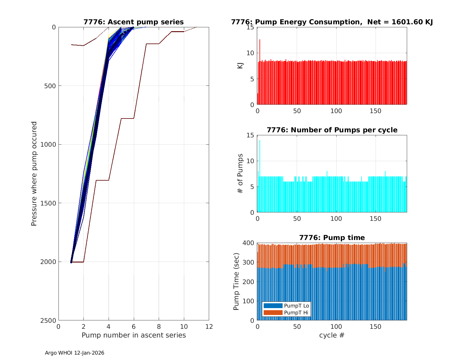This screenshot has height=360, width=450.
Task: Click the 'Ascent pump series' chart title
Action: coord(133,22)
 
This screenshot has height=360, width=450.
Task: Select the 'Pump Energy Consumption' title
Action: coord(332,22)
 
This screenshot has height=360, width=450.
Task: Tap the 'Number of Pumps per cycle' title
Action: coord(332,130)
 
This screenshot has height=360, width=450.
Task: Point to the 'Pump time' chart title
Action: coord(332,238)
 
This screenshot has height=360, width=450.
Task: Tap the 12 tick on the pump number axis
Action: coord(209,327)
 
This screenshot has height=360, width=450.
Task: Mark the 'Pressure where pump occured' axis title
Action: coord(34,174)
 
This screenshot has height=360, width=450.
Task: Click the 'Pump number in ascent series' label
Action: coord(133,335)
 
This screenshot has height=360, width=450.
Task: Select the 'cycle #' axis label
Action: coord(332,335)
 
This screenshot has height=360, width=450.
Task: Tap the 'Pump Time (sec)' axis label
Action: coord(236,281)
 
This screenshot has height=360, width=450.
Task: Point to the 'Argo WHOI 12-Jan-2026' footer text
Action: coord(74,353)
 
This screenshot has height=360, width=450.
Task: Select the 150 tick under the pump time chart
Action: coord(375,327)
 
